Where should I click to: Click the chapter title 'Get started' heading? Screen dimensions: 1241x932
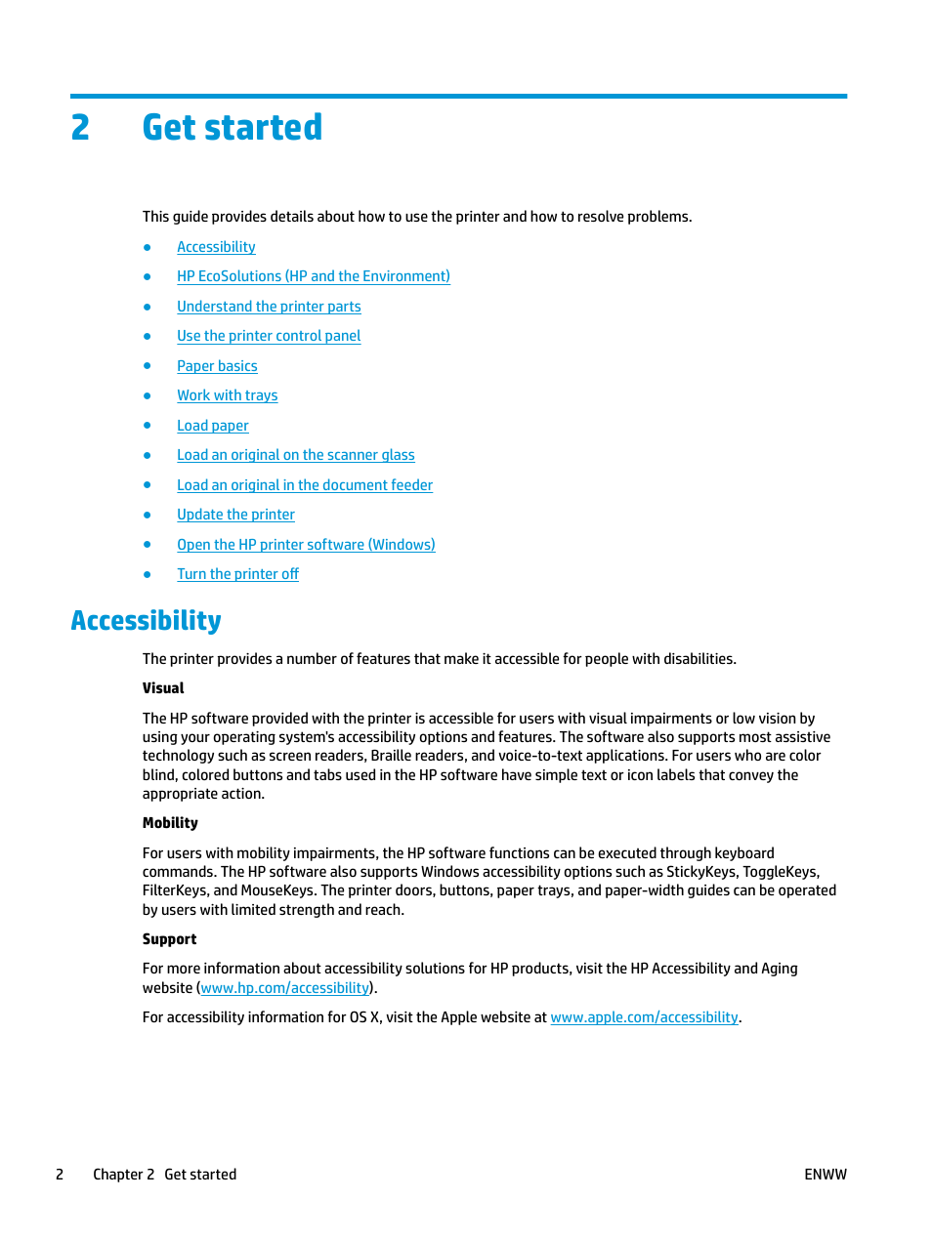click(x=232, y=128)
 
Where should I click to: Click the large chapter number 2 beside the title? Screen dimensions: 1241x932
click(x=80, y=128)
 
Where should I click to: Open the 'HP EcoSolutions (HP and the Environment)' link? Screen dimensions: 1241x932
click(x=313, y=276)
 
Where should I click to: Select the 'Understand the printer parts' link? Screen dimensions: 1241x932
click(x=269, y=307)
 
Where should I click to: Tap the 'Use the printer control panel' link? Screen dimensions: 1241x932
click(x=269, y=336)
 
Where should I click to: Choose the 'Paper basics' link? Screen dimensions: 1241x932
click(x=217, y=366)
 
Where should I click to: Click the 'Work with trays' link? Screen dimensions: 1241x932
click(x=227, y=395)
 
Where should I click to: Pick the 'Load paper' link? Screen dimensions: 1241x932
click(x=212, y=426)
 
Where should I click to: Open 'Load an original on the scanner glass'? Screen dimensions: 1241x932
click(x=295, y=455)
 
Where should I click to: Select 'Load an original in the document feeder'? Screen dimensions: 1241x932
click(x=304, y=485)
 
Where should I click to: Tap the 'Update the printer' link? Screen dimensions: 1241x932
click(x=235, y=515)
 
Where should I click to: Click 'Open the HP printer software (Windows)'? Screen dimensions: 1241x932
click(x=306, y=545)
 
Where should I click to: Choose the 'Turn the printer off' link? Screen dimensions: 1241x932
click(x=237, y=574)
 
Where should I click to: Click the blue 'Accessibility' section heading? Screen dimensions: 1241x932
click(x=146, y=621)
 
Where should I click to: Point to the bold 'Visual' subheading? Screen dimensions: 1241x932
click(x=163, y=688)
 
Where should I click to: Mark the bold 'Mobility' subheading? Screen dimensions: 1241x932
click(x=170, y=823)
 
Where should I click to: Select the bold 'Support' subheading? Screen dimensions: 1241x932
click(x=169, y=939)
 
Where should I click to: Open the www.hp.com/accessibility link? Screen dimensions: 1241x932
click(x=285, y=988)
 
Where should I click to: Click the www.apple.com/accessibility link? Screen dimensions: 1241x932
click(x=644, y=1017)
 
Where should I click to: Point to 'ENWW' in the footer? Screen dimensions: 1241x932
click(x=825, y=1175)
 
